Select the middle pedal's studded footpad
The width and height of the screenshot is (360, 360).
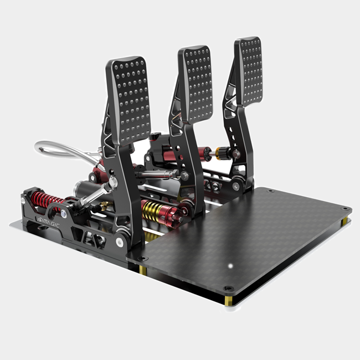pyautogui.click(x=194, y=84)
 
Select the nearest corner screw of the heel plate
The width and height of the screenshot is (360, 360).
pyautogui.click(x=227, y=287)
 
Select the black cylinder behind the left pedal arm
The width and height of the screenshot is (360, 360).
pyautogui.click(x=86, y=191)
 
